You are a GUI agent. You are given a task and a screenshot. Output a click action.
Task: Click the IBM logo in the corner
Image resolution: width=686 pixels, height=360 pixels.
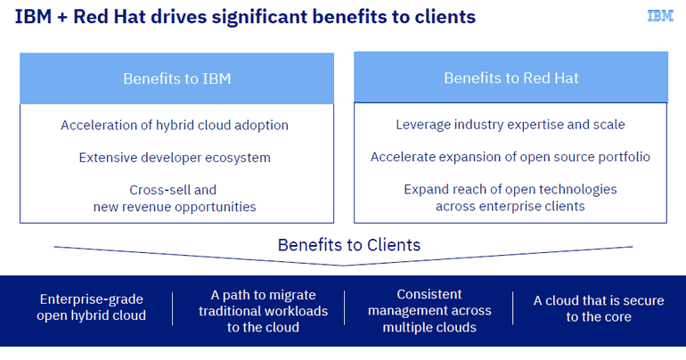660,16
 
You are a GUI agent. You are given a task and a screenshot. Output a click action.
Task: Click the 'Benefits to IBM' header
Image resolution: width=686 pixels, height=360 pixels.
176,78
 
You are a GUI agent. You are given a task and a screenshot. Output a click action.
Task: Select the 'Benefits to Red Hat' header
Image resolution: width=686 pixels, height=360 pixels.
511,78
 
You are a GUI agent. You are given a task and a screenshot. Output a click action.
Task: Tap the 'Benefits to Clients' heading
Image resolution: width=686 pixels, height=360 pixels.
349,245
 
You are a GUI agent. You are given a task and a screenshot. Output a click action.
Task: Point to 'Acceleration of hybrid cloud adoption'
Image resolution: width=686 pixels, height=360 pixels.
175,125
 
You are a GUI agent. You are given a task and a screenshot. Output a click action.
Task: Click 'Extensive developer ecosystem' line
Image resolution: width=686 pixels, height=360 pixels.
175,158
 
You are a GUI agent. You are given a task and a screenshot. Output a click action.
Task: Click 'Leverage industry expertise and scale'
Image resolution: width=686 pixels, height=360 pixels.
510,125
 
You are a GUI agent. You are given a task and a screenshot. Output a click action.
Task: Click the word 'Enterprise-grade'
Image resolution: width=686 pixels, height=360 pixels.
92,299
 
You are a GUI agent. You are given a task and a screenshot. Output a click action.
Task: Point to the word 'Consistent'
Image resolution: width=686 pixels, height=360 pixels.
429,294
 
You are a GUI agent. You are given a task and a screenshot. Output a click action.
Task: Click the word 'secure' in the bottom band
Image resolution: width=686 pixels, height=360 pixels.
643,300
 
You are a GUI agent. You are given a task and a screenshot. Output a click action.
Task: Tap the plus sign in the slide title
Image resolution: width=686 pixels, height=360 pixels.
61,18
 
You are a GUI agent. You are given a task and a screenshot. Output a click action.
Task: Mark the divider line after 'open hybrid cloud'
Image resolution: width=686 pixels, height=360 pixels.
173,309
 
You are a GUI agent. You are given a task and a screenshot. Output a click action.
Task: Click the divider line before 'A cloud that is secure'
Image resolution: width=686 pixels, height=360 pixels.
513,308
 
